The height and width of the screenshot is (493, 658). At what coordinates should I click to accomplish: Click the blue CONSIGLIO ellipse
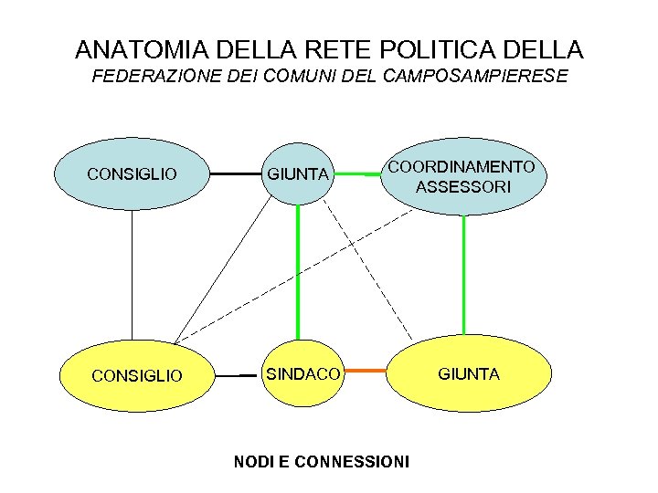coord(133,173)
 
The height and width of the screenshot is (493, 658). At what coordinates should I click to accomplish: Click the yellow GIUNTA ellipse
coord(470,373)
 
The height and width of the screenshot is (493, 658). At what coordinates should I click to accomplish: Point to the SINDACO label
coord(302,374)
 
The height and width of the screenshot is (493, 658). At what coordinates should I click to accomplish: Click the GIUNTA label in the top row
coord(297,173)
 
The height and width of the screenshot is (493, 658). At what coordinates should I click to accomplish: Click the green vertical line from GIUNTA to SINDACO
coord(297,274)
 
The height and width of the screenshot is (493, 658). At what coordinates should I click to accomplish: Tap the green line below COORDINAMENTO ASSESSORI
coord(464,274)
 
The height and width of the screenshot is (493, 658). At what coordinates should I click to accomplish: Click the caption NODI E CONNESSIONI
coord(322,462)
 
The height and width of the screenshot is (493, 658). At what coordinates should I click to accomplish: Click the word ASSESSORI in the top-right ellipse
coord(463,187)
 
